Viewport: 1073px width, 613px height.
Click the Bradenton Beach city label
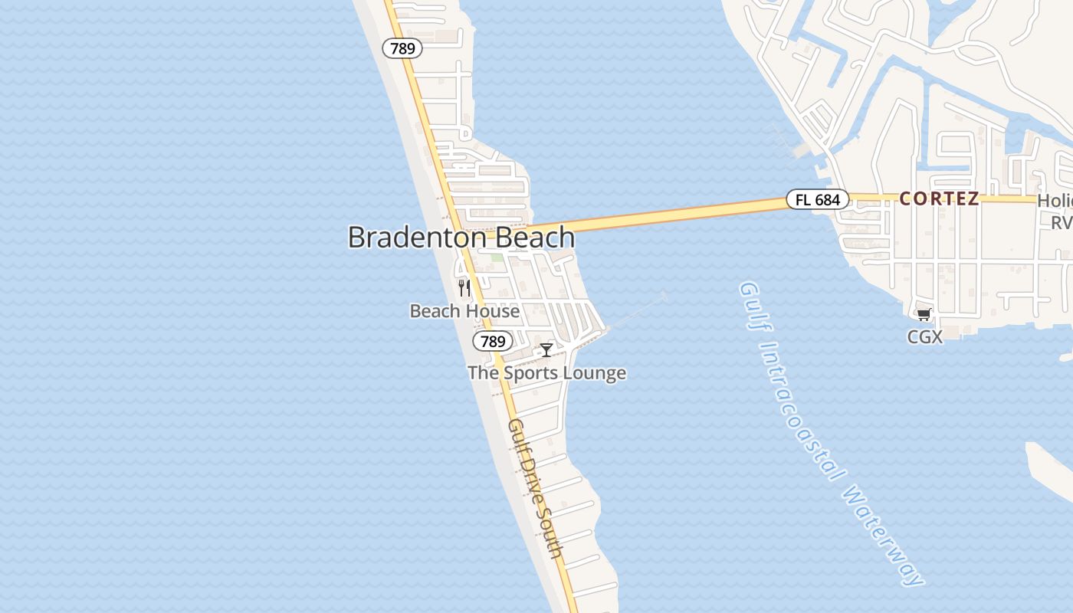(461, 237)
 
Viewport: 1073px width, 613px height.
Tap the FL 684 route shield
(818, 200)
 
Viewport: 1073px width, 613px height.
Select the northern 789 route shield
(402, 48)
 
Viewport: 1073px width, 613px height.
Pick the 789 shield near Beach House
(492, 341)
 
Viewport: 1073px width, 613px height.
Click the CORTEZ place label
(939, 199)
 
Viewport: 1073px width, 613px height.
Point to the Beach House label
(464, 311)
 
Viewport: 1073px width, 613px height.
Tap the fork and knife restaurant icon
(464, 288)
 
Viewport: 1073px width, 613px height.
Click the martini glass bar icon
(546, 350)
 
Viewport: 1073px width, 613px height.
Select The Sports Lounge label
(546, 373)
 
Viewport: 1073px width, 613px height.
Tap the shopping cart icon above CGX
(924, 314)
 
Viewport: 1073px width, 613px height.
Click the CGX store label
(924, 336)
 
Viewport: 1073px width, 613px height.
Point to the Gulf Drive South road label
(536, 488)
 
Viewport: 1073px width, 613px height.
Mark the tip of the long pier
(664, 293)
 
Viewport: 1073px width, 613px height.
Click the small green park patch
(497, 258)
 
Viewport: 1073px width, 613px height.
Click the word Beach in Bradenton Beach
(535, 237)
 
